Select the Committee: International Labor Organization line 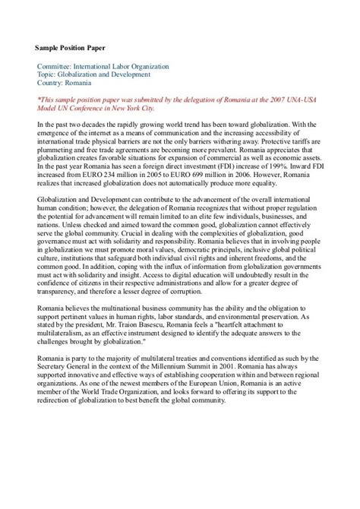pyautogui.click(x=103, y=67)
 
